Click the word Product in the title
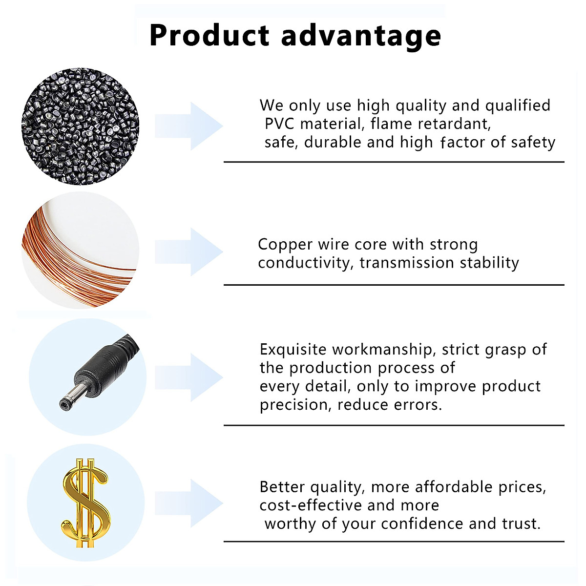click(x=209, y=35)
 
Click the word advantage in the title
click(x=361, y=37)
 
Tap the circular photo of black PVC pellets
click(x=80, y=126)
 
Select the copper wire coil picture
click(x=80, y=251)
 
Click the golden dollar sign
click(x=85, y=503)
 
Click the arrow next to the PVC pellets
click(x=189, y=126)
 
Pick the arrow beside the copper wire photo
click(x=189, y=252)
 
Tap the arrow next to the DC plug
click(x=189, y=377)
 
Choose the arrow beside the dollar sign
click(x=189, y=503)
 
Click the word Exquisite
click(x=293, y=350)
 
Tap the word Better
click(x=282, y=487)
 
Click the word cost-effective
click(x=310, y=505)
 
